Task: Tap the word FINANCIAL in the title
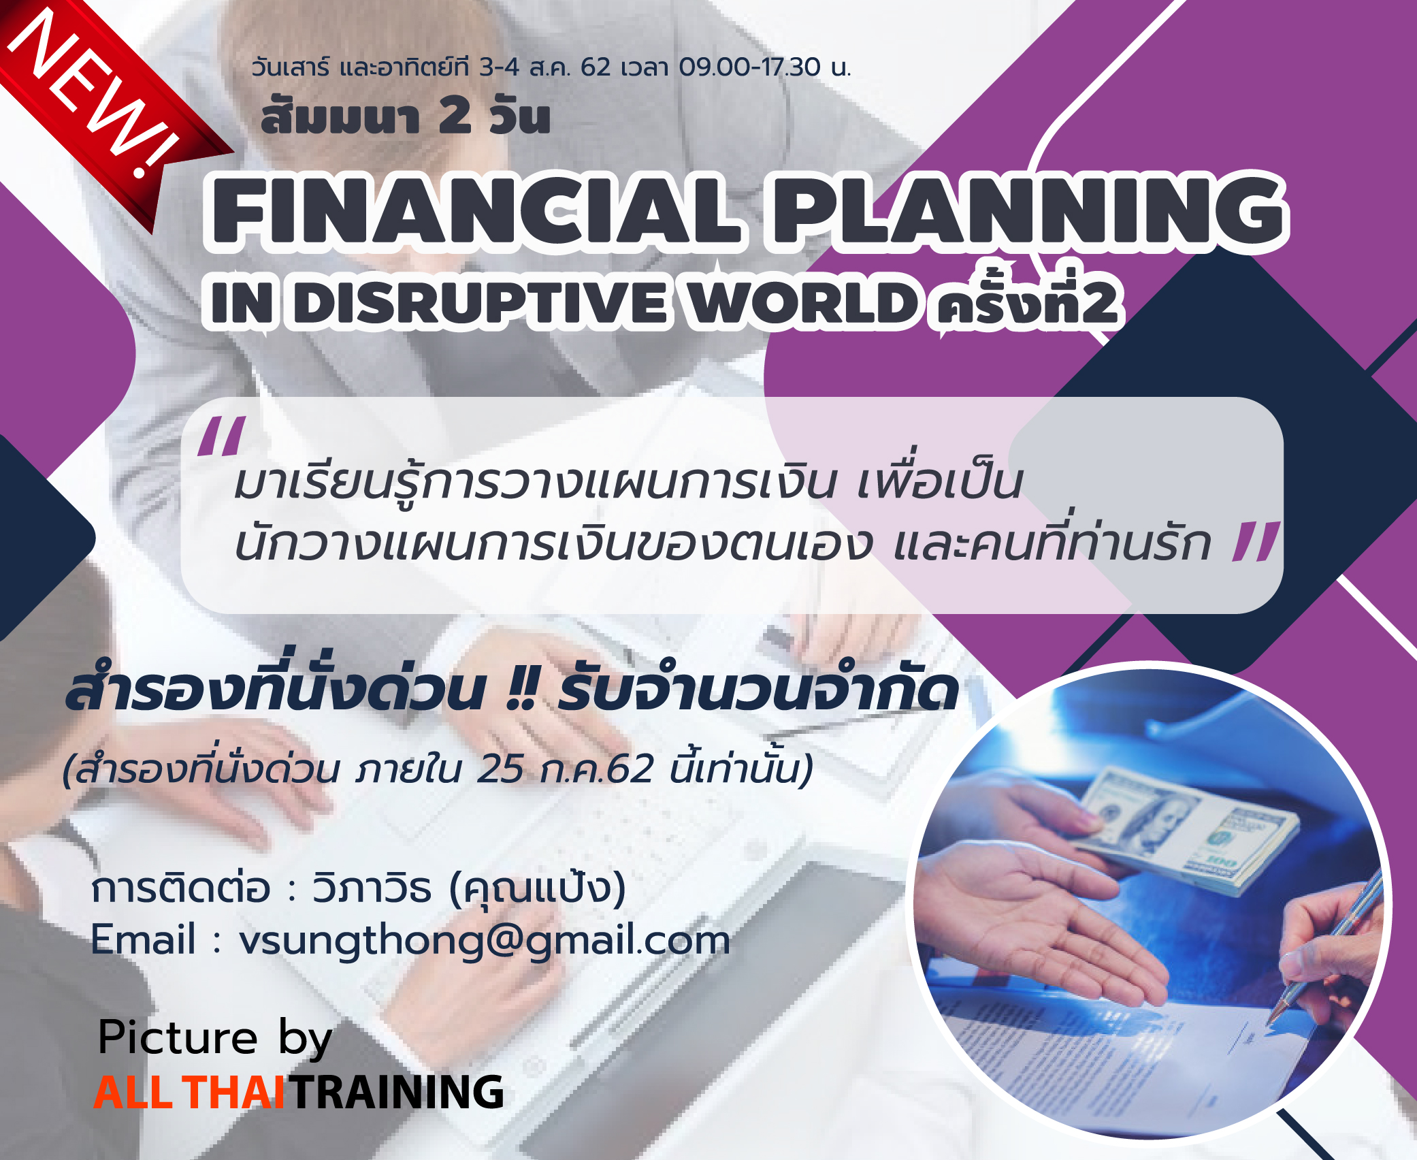[x=476, y=211]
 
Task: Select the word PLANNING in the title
[x=1028, y=211]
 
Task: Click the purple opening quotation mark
[x=221, y=436]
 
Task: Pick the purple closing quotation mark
[x=1256, y=541]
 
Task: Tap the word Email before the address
[x=144, y=939]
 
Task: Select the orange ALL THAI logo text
[x=189, y=1093]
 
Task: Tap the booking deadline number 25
[x=500, y=769]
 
